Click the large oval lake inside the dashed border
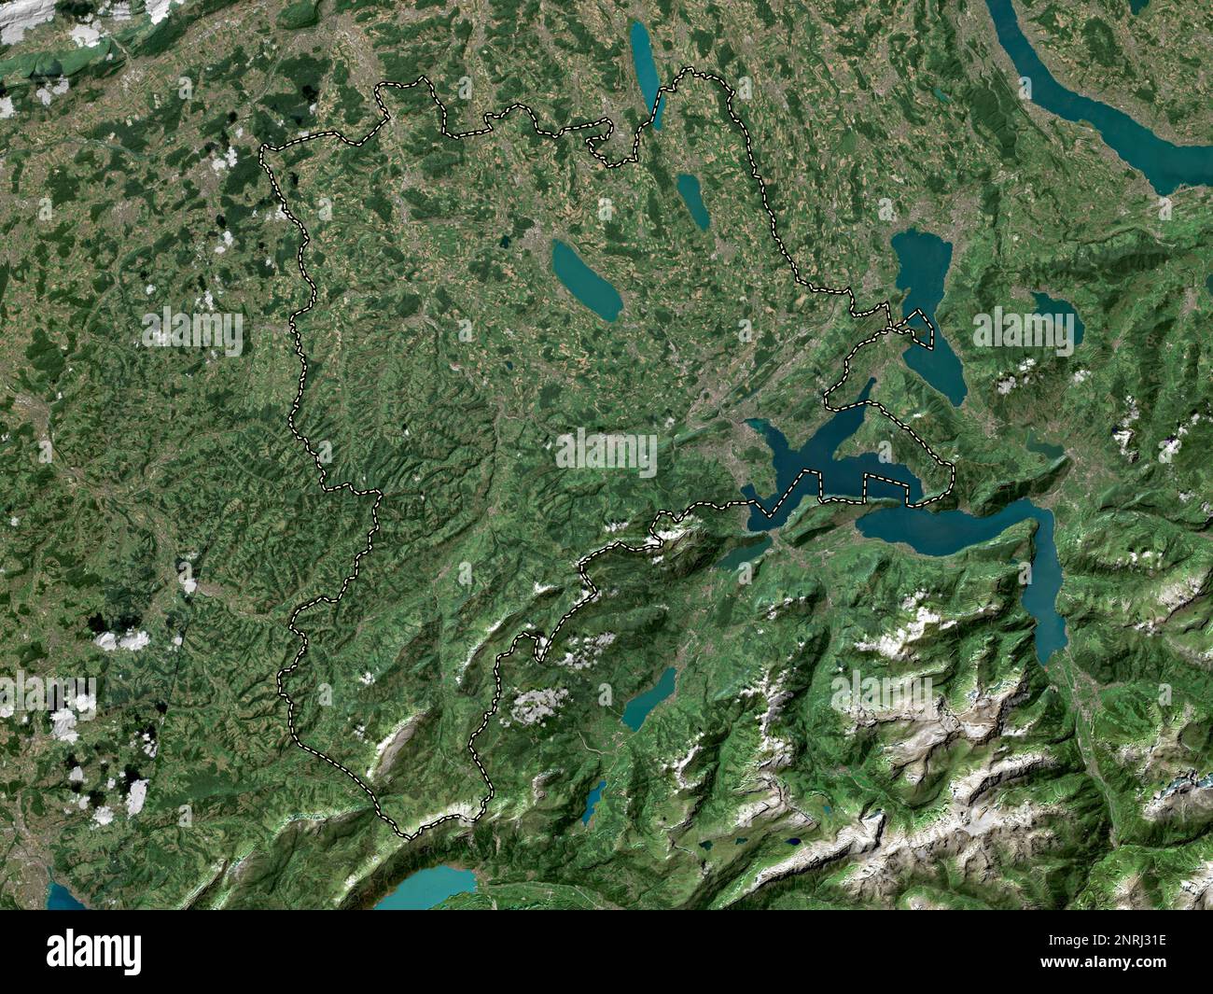(x=586, y=279)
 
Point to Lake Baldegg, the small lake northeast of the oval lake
(x=692, y=199)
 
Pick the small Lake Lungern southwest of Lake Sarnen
(x=594, y=802)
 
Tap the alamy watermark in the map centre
(x=606, y=453)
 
